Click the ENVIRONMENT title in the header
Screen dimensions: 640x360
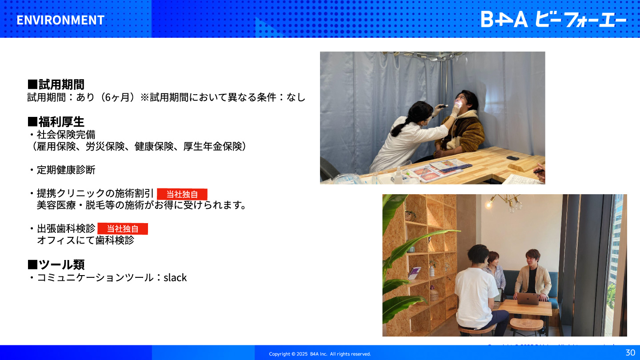pyautogui.click(x=60, y=20)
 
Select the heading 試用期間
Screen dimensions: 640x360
pyautogui.click(x=56, y=84)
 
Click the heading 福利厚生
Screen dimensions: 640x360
pyautogui.click(x=56, y=122)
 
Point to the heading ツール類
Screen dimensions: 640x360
pyautogui.click(x=56, y=264)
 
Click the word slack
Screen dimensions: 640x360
pyautogui.click(x=175, y=277)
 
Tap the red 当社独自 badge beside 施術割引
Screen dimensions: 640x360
pyautogui.click(x=182, y=194)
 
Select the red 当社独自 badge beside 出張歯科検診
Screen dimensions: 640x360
pyautogui.click(x=123, y=228)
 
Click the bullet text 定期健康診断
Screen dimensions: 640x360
pyautogui.click(x=66, y=170)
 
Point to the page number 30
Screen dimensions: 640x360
pyautogui.click(x=630, y=352)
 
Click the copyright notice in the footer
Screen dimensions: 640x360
pyautogui.click(x=320, y=354)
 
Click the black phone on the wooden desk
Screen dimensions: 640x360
pyautogui.click(x=512, y=158)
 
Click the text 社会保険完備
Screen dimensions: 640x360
pyautogui.click(x=66, y=135)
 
